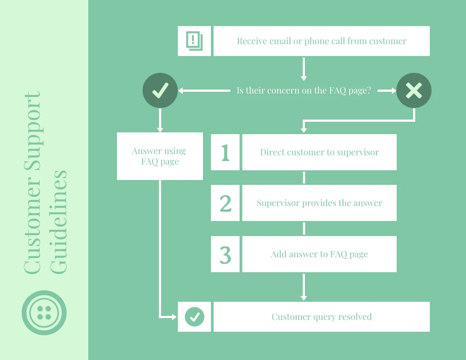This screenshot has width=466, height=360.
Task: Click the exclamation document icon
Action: coord(194,41)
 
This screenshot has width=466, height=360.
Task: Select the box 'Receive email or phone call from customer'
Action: coord(321,41)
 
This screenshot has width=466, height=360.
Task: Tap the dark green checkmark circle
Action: coord(160,90)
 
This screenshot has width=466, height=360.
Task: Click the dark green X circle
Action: coord(413,90)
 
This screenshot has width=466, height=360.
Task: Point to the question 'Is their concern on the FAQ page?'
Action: coord(304,91)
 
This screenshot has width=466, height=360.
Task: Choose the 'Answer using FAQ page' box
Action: coord(160,156)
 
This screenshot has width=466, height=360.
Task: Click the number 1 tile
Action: coord(225,152)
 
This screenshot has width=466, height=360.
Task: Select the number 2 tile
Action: coord(225,203)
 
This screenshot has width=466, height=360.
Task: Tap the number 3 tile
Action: coord(225,254)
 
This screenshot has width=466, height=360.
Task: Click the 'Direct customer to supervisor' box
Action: coord(319,152)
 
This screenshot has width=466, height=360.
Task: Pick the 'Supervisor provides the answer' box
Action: coord(319,203)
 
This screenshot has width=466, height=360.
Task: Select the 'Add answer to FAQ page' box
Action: coord(319,254)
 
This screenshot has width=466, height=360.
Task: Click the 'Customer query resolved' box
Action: coord(321,317)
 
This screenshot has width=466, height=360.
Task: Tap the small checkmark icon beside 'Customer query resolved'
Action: coord(194,317)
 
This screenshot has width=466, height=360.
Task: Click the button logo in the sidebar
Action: coord(44,312)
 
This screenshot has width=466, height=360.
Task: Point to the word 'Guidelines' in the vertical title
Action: coord(59,221)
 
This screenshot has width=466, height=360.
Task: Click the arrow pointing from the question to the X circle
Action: coord(387,90)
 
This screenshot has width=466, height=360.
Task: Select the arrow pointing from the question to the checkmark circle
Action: coord(204,90)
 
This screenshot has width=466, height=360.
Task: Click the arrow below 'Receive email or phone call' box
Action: coord(304,68)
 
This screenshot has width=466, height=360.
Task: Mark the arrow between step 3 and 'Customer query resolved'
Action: coord(304,287)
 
